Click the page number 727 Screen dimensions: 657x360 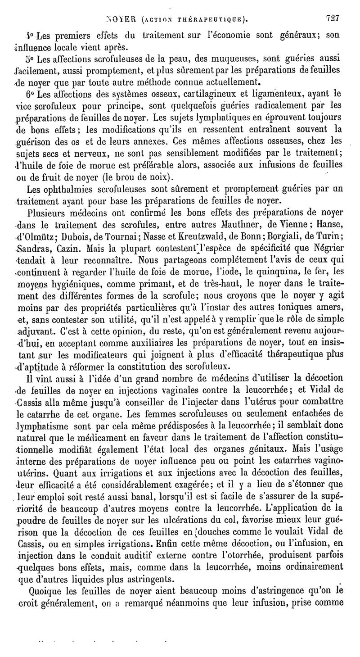(333, 18)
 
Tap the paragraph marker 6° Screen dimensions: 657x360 (30, 95)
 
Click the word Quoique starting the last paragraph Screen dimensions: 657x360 (45, 589)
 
